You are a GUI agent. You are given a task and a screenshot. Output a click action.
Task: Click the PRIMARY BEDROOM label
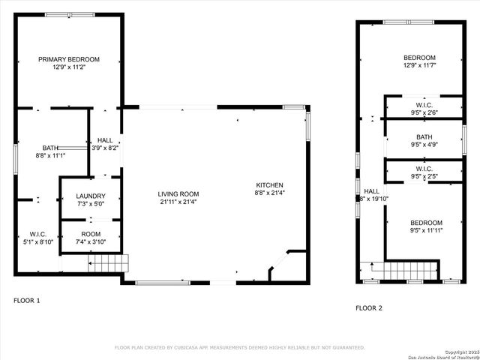69,59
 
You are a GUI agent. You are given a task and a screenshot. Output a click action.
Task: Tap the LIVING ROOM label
179,193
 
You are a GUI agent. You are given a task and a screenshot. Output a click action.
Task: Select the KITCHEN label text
269,184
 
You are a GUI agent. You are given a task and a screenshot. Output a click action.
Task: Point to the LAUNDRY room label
90,196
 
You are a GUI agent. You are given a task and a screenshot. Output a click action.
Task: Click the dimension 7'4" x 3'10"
90,241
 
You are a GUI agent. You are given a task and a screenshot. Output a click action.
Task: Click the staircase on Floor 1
108,263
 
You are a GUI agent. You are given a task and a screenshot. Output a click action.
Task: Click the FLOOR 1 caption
27,301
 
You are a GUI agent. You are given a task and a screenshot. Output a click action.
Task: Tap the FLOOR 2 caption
369,308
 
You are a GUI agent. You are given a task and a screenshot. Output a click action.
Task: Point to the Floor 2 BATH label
424,137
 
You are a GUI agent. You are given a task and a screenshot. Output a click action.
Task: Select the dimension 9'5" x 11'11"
424,231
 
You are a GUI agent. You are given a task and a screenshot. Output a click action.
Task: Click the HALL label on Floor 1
105,139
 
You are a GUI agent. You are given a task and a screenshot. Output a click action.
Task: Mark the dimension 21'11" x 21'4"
179,202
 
